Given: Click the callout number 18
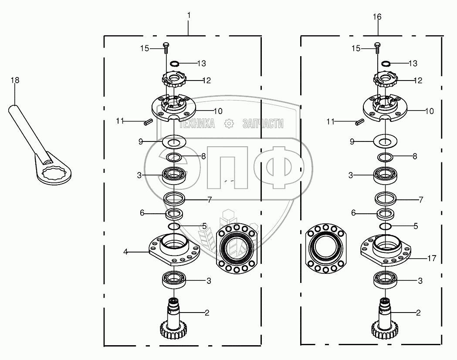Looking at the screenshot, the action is pyautogui.click(x=15, y=80).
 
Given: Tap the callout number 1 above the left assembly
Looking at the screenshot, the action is pyautogui.click(x=189, y=15).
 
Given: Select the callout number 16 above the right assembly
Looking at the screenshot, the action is pyautogui.click(x=377, y=17).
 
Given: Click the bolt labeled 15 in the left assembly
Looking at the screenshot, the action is pyautogui.click(x=166, y=48).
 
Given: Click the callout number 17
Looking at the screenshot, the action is pyautogui.click(x=432, y=258).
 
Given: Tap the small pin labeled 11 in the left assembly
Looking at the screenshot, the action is pyautogui.click(x=147, y=122).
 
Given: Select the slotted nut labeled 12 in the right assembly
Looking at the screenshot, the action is pyautogui.click(x=385, y=79).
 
